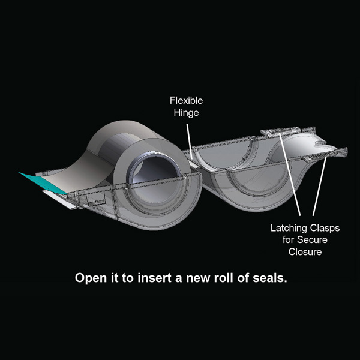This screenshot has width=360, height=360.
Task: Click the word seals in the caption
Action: pos(271,279)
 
